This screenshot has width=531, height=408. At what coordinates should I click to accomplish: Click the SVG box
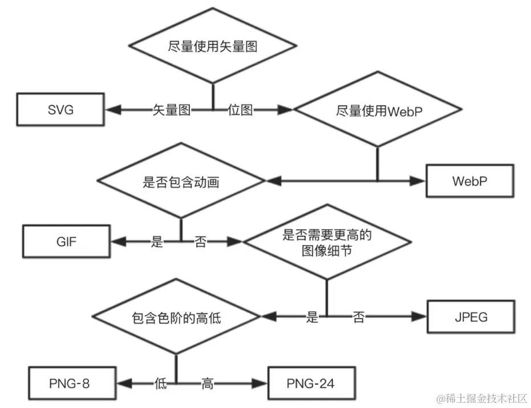pyautogui.click(x=60, y=110)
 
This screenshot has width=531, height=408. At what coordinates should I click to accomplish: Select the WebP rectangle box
pyautogui.click(x=469, y=181)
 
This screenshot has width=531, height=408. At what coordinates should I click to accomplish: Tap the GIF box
pyautogui.click(x=66, y=241)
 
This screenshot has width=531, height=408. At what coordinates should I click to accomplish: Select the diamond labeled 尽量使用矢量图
pyautogui.click(x=213, y=46)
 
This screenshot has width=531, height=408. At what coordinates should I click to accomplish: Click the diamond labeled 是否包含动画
pyautogui.click(x=181, y=182)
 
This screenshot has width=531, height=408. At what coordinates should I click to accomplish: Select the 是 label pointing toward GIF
pyautogui.click(x=157, y=242)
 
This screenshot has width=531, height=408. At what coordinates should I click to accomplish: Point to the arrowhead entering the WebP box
pyautogui.click(x=419, y=181)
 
